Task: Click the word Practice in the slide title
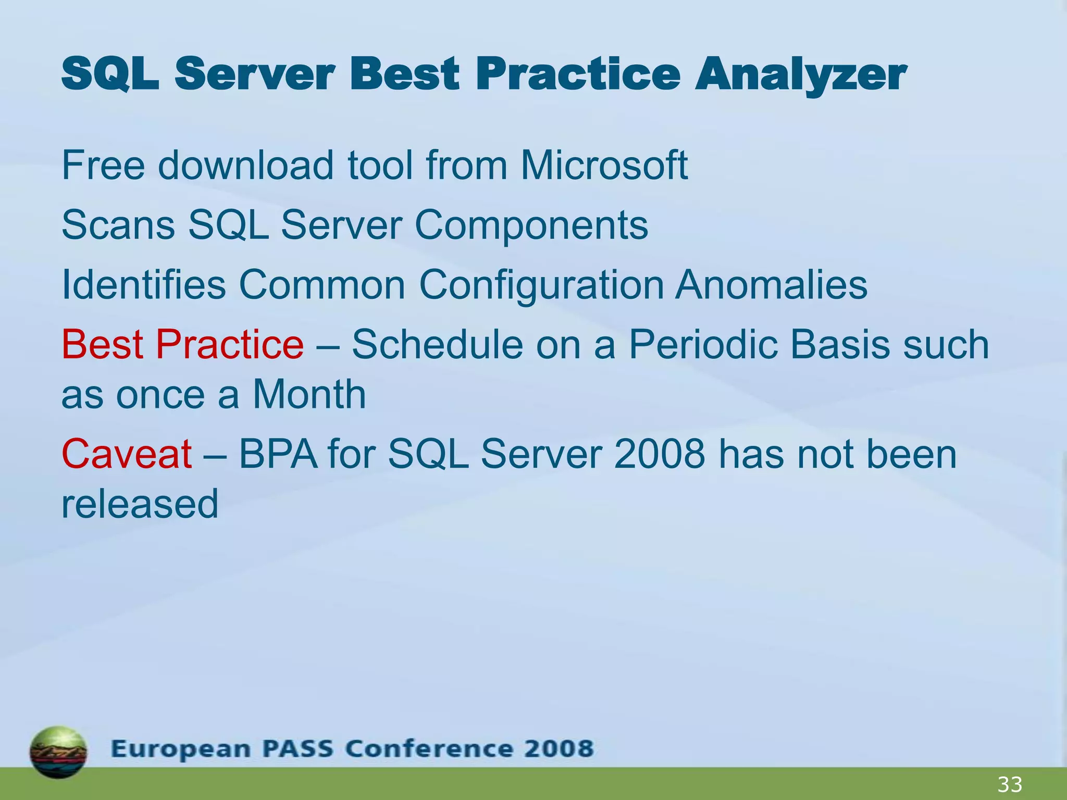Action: [x=578, y=74]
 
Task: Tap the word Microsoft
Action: [x=604, y=166]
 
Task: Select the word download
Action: [x=245, y=166]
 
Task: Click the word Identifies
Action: [x=144, y=285]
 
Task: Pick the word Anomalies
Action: [x=771, y=285]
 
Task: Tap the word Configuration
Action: [x=541, y=286]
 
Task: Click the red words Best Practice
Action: [x=182, y=345]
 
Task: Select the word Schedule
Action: [x=437, y=345]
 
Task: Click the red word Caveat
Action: [x=127, y=454]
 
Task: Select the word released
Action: [x=140, y=504]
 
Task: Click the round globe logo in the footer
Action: [x=58, y=752]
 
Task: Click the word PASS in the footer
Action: [x=297, y=749]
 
